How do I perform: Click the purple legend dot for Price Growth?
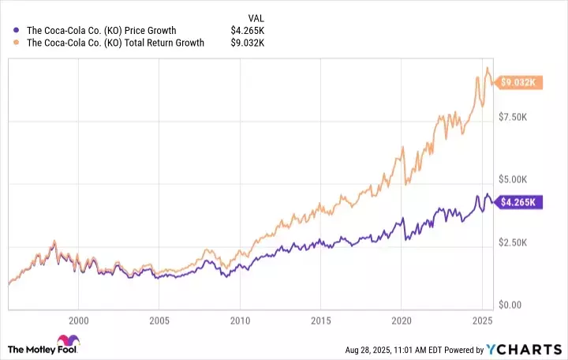17,31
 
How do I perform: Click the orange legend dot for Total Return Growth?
17,43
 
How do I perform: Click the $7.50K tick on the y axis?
519,117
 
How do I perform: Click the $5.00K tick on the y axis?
519,180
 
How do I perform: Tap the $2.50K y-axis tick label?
519,242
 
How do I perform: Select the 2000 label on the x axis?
78,321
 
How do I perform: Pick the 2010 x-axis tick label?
240,321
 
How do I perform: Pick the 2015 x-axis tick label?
320,321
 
